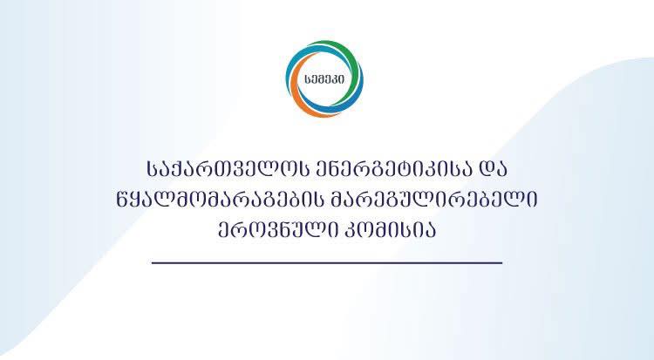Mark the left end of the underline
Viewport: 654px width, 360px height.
153,262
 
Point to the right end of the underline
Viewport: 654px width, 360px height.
501,262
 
